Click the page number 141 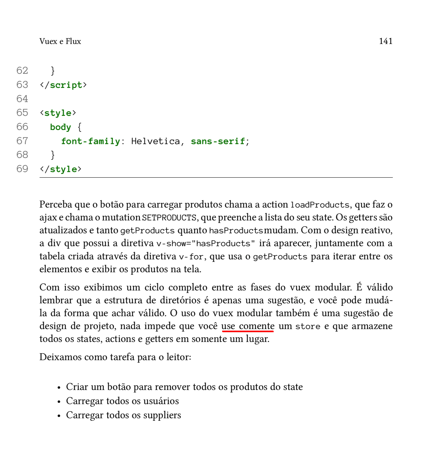pos(386,41)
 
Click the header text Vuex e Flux pos(60,41)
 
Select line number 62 pos(22,70)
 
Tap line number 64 pos(22,99)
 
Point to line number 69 pos(22,169)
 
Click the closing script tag pos(63,85)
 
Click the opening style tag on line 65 pos(58,113)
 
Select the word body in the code pos(61,127)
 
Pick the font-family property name pos(90,141)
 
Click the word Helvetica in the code pos(156,141)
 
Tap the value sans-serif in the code pos(218,141)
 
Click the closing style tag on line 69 pos(61,169)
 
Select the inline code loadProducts pos(320,205)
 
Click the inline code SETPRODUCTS pos(169,218)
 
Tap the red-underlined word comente pos(257,326)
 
